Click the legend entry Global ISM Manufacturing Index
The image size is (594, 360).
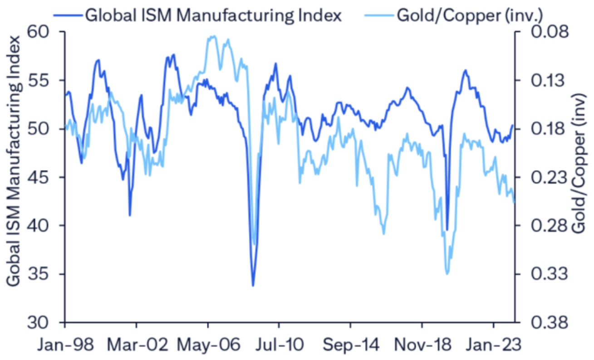click(213, 15)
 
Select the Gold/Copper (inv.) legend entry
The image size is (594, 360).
click(470, 15)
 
